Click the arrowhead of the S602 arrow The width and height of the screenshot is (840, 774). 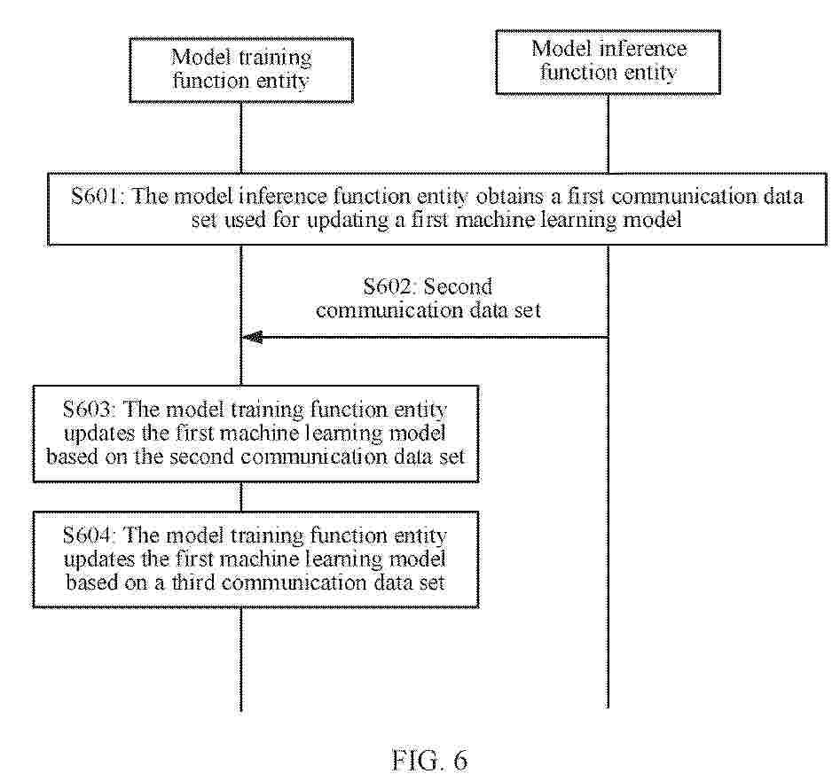pyautogui.click(x=252, y=337)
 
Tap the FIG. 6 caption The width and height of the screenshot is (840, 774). pyautogui.click(x=429, y=760)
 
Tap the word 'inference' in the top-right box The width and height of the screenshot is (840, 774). pyautogui.click(x=643, y=49)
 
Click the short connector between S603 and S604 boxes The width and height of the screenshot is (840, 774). pyautogui.click(x=241, y=497)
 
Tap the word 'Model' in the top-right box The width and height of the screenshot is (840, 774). pyautogui.click(x=562, y=49)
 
